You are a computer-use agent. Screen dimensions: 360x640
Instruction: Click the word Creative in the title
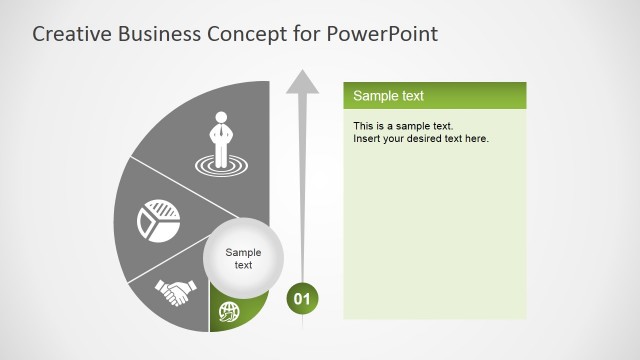70,34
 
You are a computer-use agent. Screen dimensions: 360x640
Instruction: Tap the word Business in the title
159,34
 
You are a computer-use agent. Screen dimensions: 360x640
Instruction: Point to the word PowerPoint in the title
382,34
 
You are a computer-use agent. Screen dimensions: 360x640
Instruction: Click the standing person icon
219,135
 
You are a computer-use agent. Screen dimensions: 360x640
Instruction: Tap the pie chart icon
158,219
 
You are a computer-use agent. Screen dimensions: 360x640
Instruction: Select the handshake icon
175,293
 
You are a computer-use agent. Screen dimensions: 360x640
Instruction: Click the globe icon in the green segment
230,313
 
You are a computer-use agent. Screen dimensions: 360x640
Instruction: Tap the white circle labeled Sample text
243,259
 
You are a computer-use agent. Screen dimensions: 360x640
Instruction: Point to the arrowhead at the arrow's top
302,83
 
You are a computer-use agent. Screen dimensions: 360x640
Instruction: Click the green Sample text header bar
435,96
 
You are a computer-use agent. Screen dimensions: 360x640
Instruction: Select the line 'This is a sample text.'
404,126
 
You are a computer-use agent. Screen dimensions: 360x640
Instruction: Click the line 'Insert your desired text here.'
421,138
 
